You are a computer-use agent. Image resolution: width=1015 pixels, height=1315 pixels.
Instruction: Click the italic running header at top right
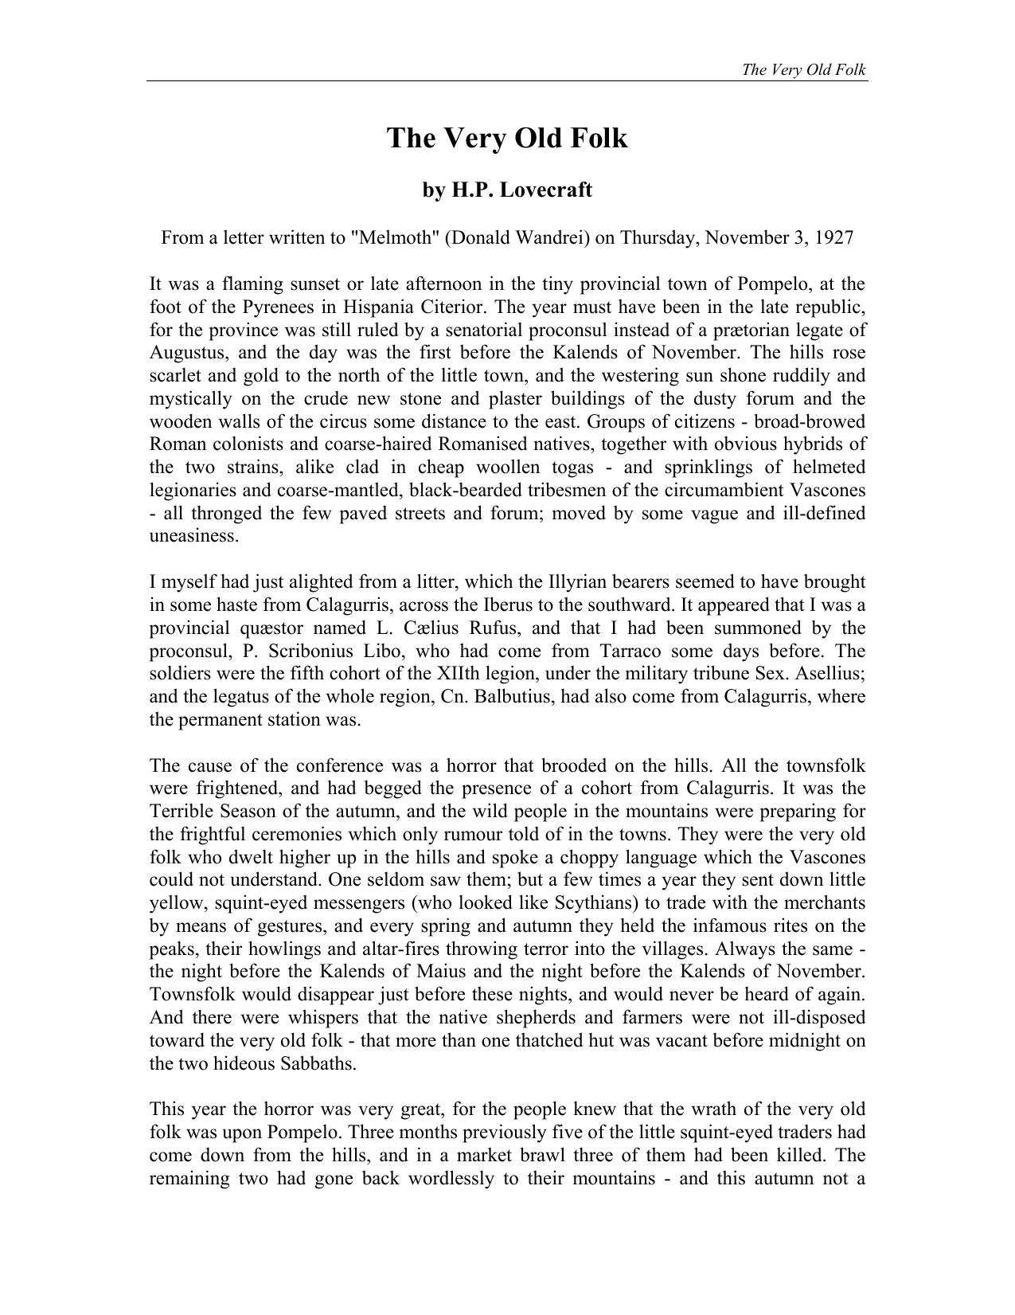(x=803, y=69)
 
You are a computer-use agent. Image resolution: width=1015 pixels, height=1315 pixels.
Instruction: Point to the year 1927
(x=832, y=237)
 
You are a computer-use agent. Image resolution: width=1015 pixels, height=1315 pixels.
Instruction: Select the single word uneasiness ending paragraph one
(x=193, y=536)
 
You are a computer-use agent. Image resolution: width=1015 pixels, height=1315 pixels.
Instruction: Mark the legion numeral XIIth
(x=461, y=674)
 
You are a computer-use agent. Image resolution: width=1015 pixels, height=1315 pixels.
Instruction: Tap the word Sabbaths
(x=317, y=1064)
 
